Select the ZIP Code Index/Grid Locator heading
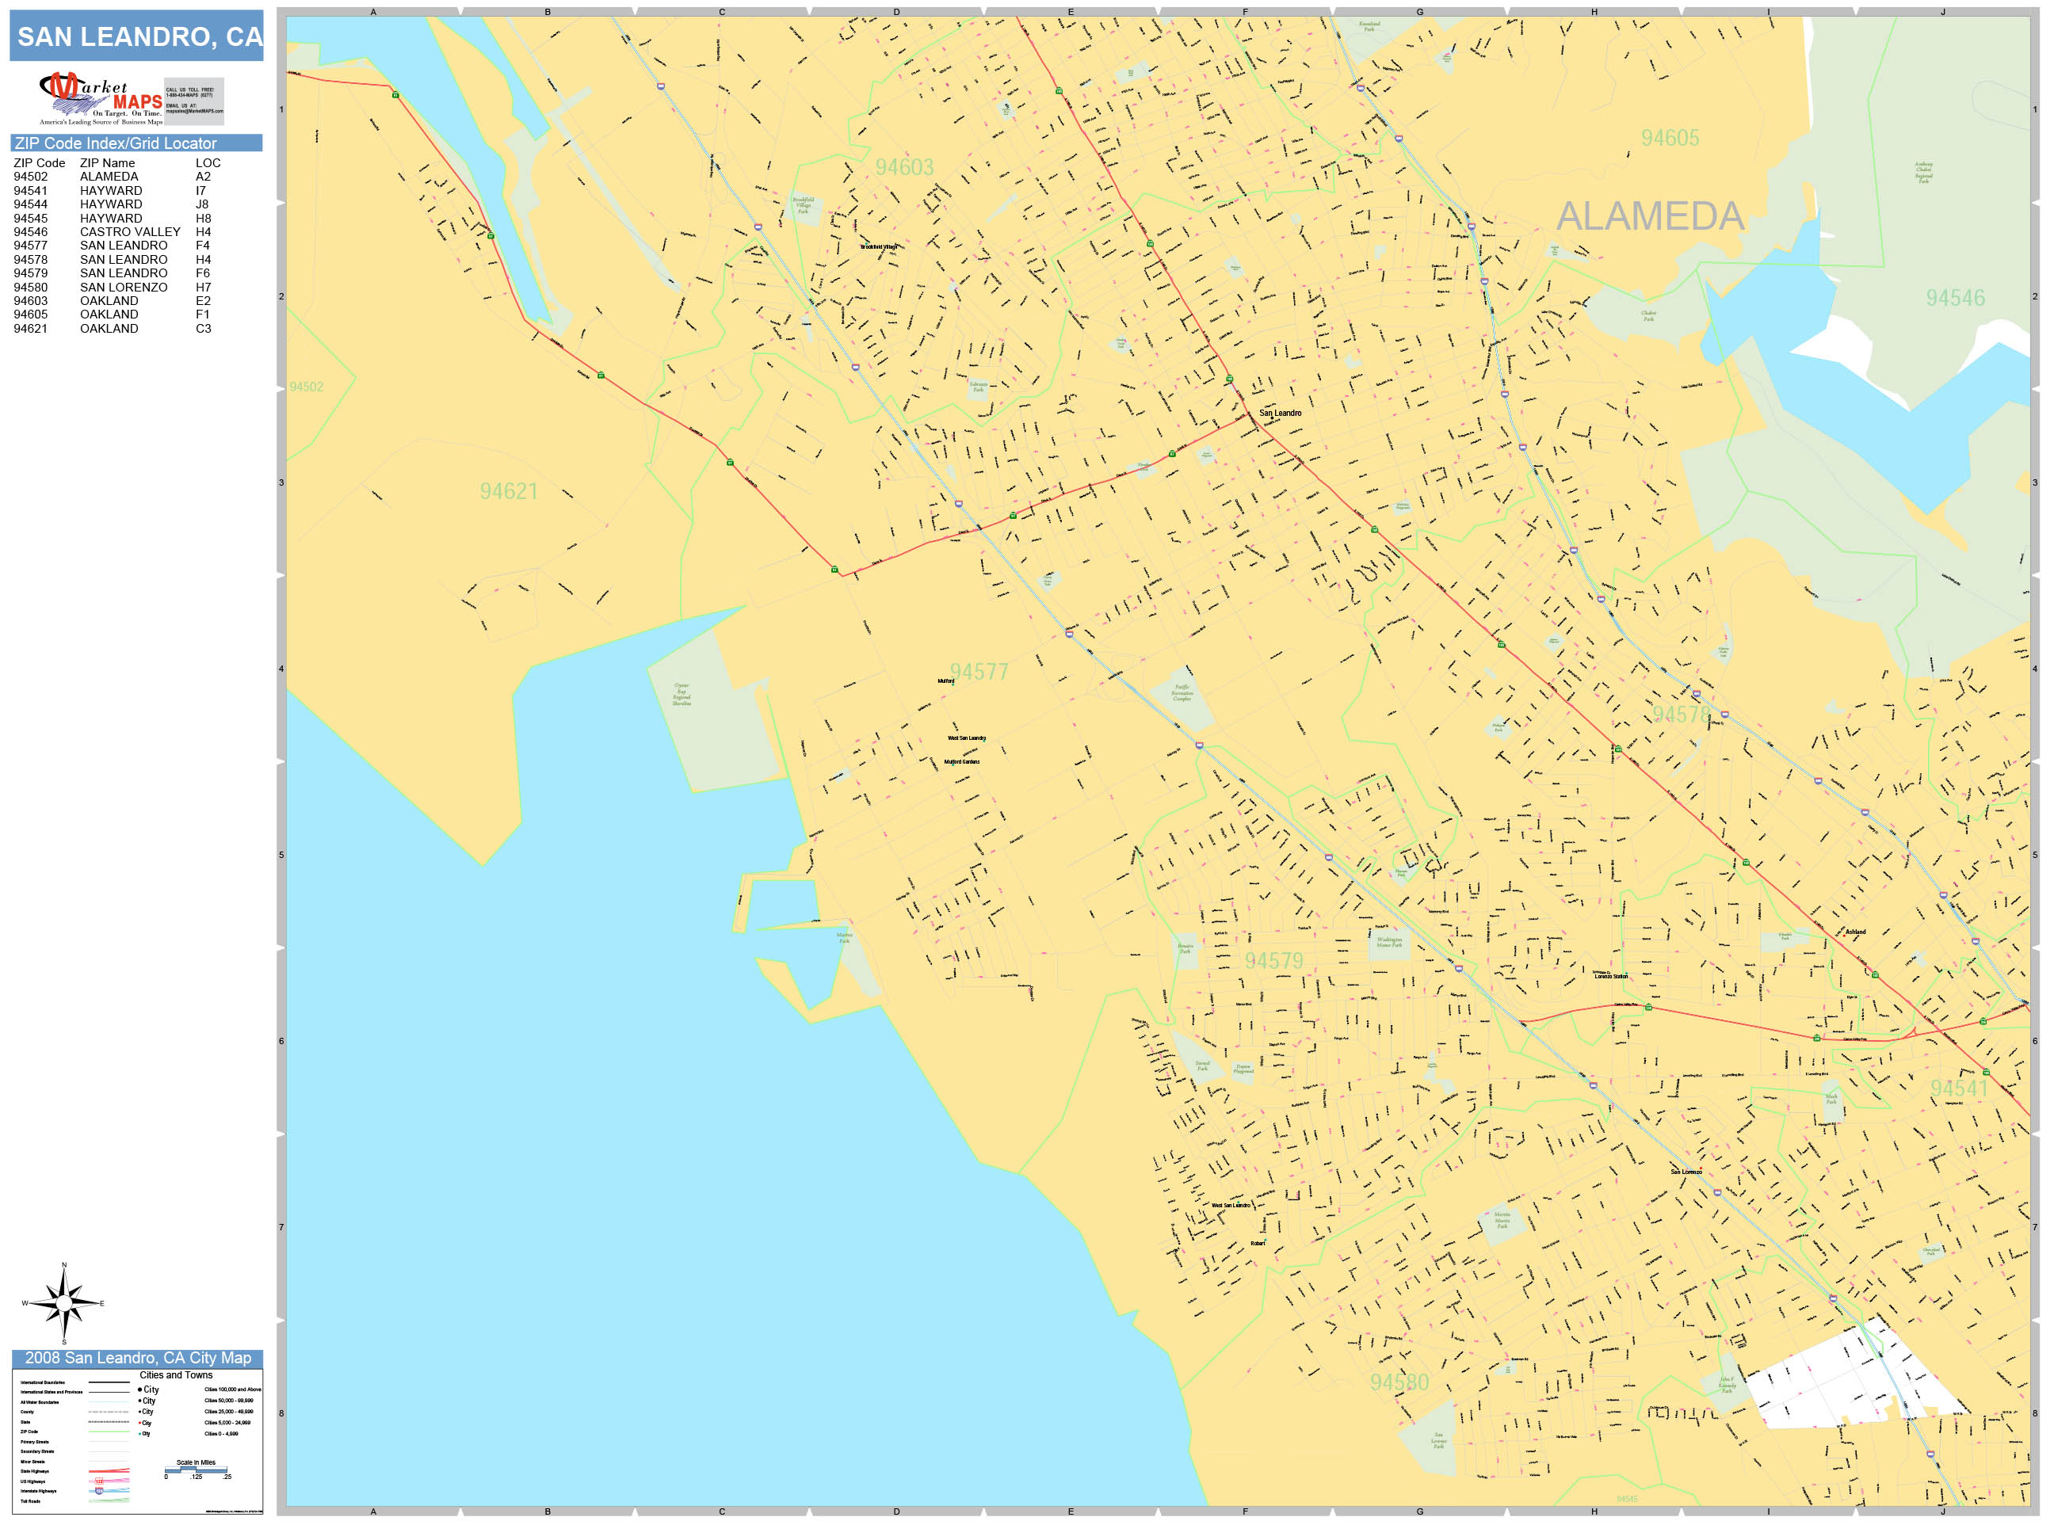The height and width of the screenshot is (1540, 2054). point(115,143)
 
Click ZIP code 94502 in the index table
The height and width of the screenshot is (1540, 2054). point(31,177)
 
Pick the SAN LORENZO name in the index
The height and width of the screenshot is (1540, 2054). point(124,287)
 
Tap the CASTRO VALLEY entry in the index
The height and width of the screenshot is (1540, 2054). point(130,232)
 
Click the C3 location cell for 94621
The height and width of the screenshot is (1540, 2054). point(204,329)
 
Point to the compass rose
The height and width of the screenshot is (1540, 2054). point(63,1302)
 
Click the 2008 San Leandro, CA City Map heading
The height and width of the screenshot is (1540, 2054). point(137,1358)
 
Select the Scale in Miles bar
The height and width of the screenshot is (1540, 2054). point(196,1469)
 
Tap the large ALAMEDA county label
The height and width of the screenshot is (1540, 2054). point(1649,216)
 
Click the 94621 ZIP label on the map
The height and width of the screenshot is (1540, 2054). point(508,491)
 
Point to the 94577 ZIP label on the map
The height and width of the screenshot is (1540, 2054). point(979,671)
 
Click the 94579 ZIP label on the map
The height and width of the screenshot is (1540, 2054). point(1273,961)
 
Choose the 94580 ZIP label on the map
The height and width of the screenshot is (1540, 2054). point(1399,1382)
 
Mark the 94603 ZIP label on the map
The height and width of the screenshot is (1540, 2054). point(903,167)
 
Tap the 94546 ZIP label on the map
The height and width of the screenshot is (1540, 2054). point(1955,298)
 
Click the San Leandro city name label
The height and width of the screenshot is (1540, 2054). point(1280,413)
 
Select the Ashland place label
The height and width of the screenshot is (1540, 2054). point(1854,931)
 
